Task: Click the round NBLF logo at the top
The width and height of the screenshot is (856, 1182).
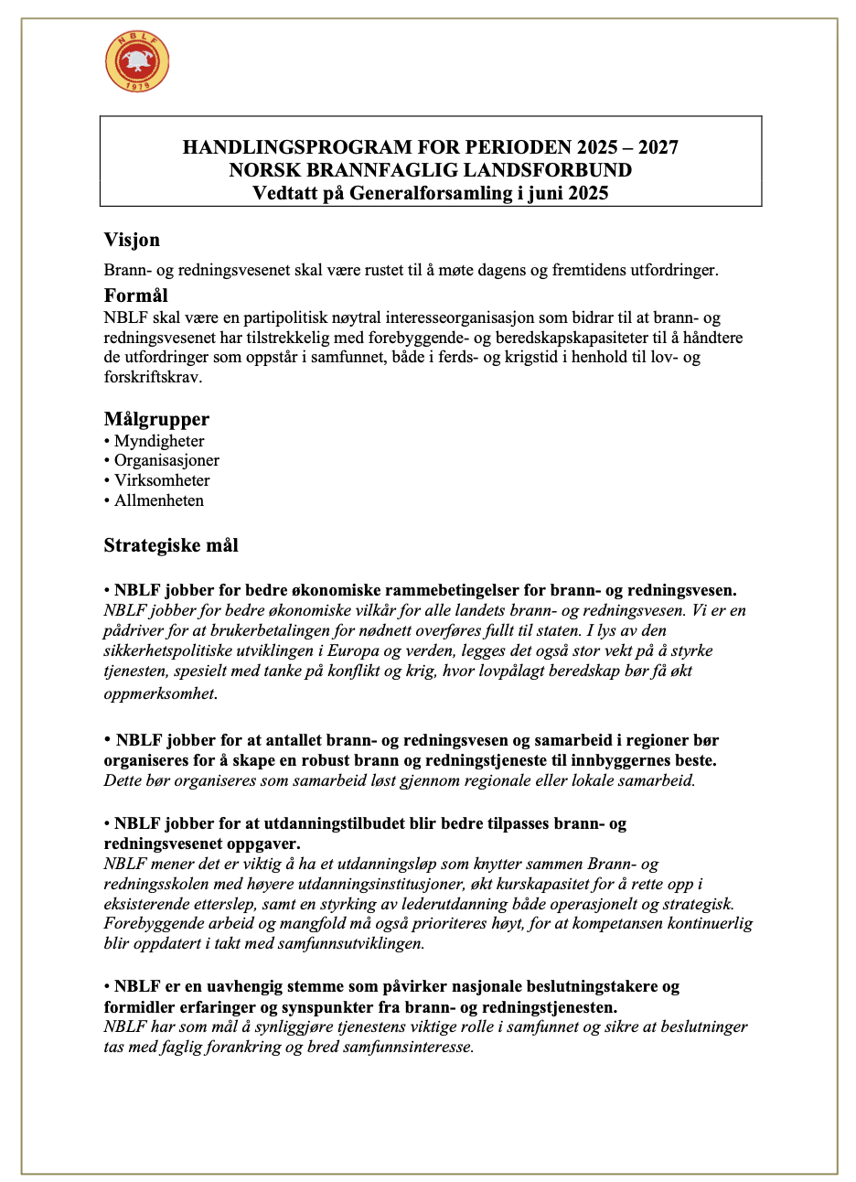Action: point(137,61)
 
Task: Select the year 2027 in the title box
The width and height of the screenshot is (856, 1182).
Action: point(658,147)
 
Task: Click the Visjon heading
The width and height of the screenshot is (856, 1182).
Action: point(132,241)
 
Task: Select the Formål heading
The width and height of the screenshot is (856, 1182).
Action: point(135,295)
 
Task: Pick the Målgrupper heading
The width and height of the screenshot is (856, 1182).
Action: point(156,419)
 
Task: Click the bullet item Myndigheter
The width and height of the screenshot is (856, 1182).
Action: point(159,441)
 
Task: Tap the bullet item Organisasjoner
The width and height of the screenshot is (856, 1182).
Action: point(166,460)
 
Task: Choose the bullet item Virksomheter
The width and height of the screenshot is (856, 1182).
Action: point(162,480)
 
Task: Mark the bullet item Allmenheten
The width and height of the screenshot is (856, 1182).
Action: point(159,500)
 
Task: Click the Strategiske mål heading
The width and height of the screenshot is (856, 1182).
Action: point(171,546)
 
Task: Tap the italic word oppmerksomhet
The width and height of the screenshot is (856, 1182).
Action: point(160,693)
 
